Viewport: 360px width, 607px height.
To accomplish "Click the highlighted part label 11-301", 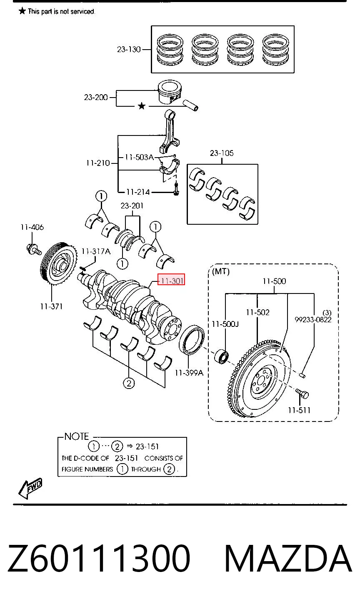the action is point(171,279).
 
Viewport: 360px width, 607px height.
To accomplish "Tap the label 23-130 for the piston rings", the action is point(129,50).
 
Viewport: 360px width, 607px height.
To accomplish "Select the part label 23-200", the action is point(95,97).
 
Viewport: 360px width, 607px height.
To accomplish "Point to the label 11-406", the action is point(32,227).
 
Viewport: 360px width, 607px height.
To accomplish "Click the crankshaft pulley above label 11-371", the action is point(59,263).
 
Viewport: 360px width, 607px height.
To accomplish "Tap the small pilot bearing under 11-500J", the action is point(221,356).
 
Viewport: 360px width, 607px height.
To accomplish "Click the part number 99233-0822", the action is point(313,320).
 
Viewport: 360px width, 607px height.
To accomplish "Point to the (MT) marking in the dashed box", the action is point(220,271).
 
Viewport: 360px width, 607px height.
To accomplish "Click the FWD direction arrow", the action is point(30,489).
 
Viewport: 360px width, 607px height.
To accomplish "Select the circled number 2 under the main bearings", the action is point(129,383).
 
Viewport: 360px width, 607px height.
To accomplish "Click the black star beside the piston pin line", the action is point(142,106).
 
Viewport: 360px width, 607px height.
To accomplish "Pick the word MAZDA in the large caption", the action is point(288,559).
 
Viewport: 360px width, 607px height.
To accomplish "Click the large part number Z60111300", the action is point(99,559).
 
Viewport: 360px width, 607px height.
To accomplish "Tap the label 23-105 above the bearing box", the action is point(222,153).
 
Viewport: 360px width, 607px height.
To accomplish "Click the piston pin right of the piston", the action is point(191,105).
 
